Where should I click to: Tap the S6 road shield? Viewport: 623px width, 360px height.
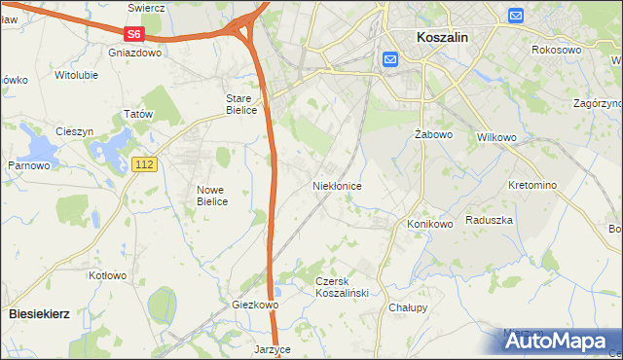pyautogui.click(x=134, y=33)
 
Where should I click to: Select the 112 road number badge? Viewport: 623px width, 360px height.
pyautogui.click(x=144, y=165)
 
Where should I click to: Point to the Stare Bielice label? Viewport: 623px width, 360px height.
pyautogui.click(x=241, y=104)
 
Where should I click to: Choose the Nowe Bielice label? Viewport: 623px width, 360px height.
pyautogui.click(x=211, y=196)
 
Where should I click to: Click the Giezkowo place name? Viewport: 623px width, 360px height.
pyautogui.click(x=256, y=305)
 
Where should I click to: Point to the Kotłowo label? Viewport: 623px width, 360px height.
pyautogui.click(x=108, y=275)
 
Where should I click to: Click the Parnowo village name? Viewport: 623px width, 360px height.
pyautogui.click(x=29, y=165)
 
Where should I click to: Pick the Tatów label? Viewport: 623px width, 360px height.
pyautogui.click(x=139, y=115)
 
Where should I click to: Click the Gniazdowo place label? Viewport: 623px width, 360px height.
pyautogui.click(x=135, y=53)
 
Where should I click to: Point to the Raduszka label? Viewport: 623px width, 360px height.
pyautogui.click(x=489, y=220)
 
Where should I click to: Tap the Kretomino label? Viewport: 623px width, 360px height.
pyautogui.click(x=532, y=185)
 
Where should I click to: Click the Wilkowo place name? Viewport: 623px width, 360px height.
pyautogui.click(x=496, y=137)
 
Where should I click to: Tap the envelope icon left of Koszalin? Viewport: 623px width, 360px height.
pyautogui.click(x=390, y=60)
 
